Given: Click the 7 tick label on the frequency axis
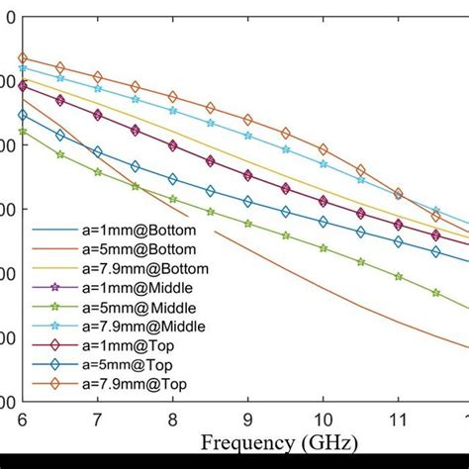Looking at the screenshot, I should click(x=97, y=420).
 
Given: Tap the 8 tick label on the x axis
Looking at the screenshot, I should click(x=172, y=420).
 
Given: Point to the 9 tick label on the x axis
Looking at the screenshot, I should click(x=247, y=420).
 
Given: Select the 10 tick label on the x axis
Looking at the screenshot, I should click(x=323, y=420).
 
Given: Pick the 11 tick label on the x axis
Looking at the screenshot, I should click(x=398, y=420).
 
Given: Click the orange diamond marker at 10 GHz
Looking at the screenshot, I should click(x=323, y=149).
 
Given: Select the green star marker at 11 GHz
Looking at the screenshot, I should click(x=398, y=277).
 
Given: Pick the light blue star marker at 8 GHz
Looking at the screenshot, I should click(x=172, y=111).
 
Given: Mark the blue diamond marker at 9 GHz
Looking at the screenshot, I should click(x=247, y=202).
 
